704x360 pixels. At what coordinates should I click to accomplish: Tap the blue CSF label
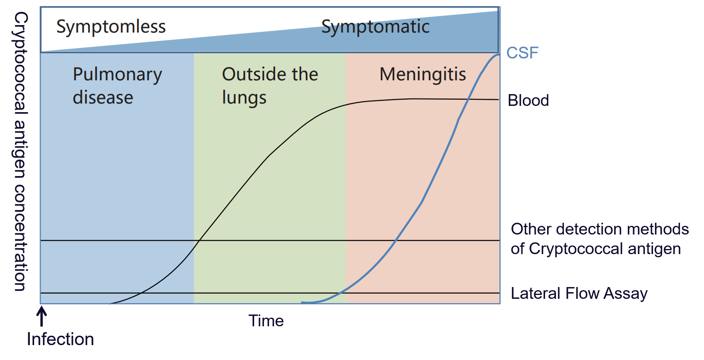(522, 53)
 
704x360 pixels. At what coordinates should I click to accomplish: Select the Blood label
(528, 100)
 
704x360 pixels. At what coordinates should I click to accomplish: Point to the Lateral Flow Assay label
(579, 294)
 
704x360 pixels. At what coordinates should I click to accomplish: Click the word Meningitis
(423, 75)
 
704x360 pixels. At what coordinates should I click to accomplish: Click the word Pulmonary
(117, 75)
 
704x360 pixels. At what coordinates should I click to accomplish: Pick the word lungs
(244, 98)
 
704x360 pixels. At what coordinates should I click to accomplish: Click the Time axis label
(266, 321)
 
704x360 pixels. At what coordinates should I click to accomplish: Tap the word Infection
(60, 339)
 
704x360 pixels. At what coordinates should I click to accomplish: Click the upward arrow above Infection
(42, 316)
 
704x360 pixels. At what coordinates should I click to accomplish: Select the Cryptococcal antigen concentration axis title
(20, 151)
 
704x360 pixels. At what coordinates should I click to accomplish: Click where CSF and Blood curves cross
(468, 100)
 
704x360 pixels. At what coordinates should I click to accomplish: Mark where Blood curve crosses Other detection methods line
(199, 240)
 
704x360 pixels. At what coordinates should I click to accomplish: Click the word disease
(103, 97)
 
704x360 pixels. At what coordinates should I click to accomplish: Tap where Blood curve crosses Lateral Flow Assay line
(140, 293)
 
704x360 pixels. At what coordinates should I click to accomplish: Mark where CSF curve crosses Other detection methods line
(396, 240)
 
